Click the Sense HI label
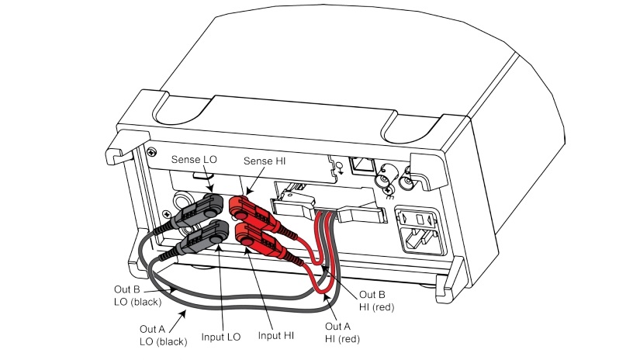pyautogui.click(x=265, y=159)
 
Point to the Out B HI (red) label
pyautogui.click(x=378, y=300)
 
